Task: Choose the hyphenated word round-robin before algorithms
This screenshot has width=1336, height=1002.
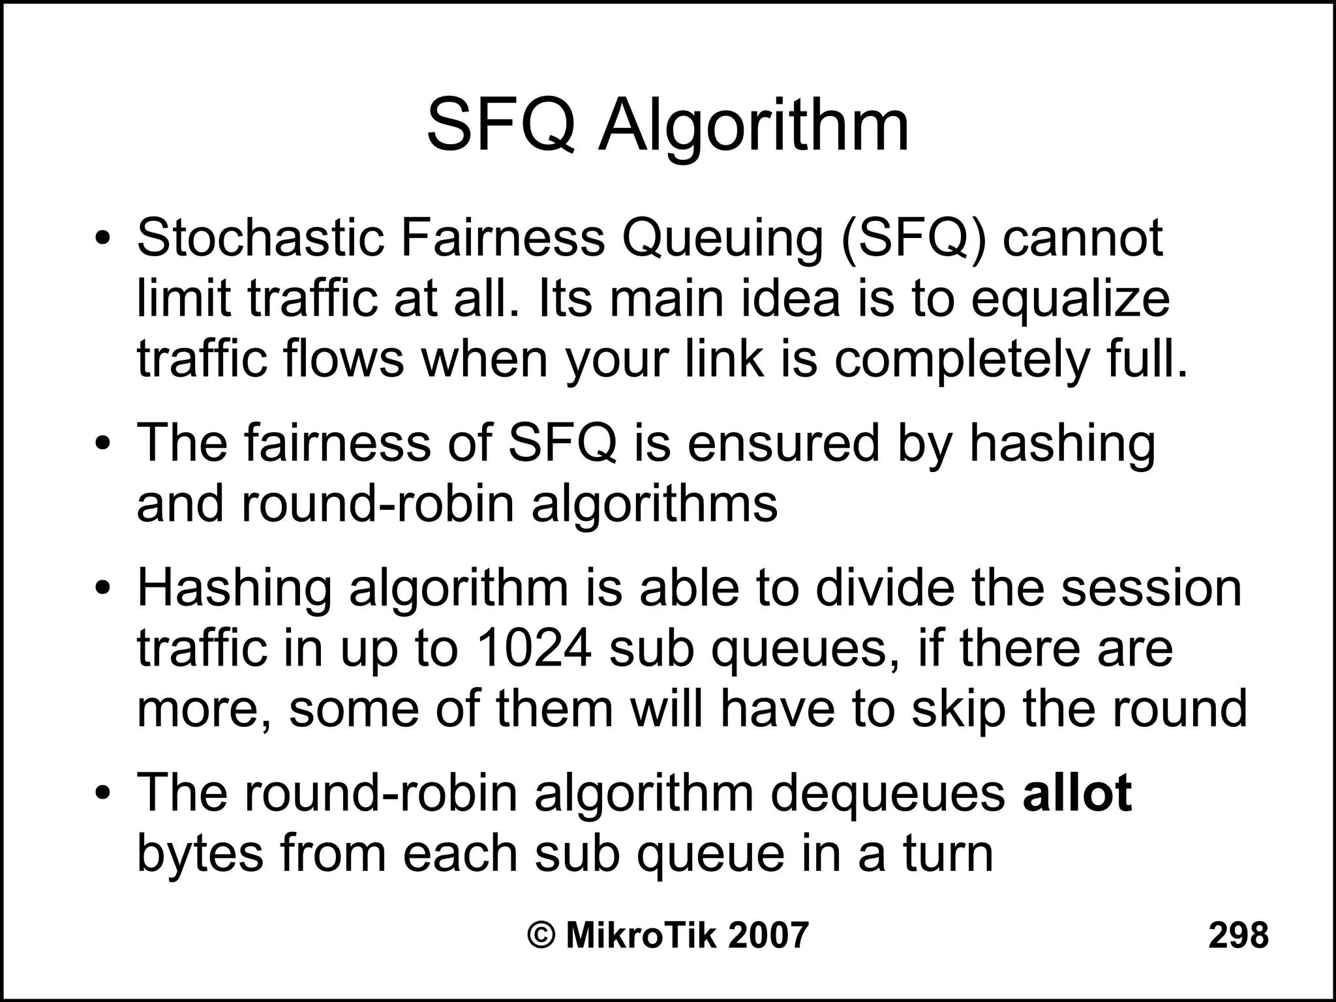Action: coord(378,504)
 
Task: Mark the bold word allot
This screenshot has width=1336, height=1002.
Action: coord(1077,793)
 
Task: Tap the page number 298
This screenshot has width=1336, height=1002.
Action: coord(1238,935)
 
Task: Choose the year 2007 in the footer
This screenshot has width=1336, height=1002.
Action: coord(768,935)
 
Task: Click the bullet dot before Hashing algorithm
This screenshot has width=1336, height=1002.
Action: coord(102,589)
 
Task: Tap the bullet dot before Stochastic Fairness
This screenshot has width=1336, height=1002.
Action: coord(102,239)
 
